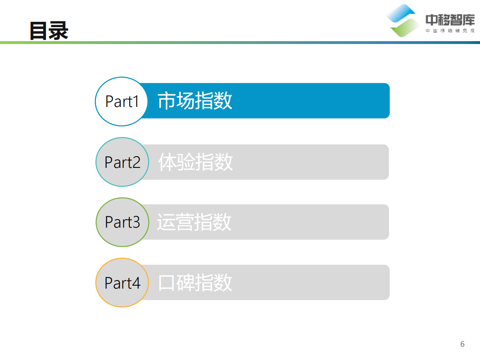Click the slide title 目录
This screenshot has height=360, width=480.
pyautogui.click(x=49, y=31)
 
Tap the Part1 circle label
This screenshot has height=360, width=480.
pyautogui.click(x=122, y=101)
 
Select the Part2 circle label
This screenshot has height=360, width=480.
pyautogui.click(x=122, y=162)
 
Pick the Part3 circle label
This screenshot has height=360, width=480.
pyautogui.click(x=122, y=222)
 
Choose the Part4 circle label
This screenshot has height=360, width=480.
pyautogui.click(x=122, y=283)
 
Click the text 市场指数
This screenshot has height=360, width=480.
pyautogui.click(x=195, y=101)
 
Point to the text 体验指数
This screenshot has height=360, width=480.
pyautogui.click(x=195, y=162)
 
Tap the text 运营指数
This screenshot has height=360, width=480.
pyautogui.click(x=194, y=222)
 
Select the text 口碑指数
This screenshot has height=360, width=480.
pyautogui.click(x=195, y=283)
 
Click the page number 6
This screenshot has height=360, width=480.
pyautogui.click(x=462, y=344)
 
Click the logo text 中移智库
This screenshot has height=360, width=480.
pyautogui.click(x=450, y=19)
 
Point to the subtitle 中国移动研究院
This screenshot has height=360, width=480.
pyautogui.click(x=450, y=31)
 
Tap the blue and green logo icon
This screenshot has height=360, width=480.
pyautogui.click(x=404, y=20)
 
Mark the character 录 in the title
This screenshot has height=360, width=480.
pyautogui.click(x=58, y=31)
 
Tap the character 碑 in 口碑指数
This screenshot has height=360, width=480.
pyautogui.click(x=186, y=283)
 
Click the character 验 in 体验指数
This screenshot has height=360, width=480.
pyautogui.click(x=186, y=162)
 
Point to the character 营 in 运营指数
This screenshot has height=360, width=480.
pyautogui.click(x=185, y=222)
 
